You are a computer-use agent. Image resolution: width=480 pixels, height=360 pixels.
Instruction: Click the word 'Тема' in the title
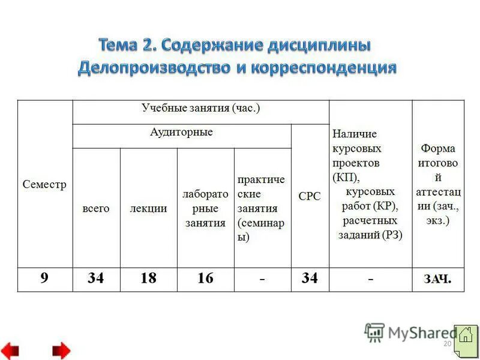click(120, 46)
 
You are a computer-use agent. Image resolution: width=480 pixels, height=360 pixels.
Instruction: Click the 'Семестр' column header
click(44, 184)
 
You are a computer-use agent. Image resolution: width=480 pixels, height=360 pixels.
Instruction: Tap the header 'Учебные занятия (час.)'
click(201, 109)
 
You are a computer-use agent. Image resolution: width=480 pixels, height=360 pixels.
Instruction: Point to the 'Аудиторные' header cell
click(181, 132)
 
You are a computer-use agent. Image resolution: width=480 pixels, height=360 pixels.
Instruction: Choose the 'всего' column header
click(96, 208)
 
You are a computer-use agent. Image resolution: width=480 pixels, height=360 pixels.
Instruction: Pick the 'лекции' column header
click(148, 208)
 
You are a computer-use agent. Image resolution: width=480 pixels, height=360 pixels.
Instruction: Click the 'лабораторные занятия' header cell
click(205, 209)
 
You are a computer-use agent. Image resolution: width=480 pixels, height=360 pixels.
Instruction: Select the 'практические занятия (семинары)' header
click(262, 208)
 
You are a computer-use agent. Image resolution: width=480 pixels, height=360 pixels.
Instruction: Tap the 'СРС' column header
click(310, 196)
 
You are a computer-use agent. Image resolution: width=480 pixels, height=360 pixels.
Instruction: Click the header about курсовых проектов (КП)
click(370, 184)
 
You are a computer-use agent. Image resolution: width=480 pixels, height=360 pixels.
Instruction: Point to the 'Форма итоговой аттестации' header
click(438, 184)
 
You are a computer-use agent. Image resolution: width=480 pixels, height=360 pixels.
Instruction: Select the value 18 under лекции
click(148, 278)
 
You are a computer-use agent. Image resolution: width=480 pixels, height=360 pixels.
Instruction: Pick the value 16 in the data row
click(205, 278)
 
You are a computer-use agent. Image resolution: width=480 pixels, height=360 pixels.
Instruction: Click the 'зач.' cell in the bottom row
click(438, 278)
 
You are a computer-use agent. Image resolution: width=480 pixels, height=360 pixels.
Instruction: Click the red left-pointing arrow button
click(10, 350)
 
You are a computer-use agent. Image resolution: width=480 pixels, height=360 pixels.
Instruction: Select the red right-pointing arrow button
click(61, 350)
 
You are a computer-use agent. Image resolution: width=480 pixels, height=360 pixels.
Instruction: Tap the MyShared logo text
click(420, 332)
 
